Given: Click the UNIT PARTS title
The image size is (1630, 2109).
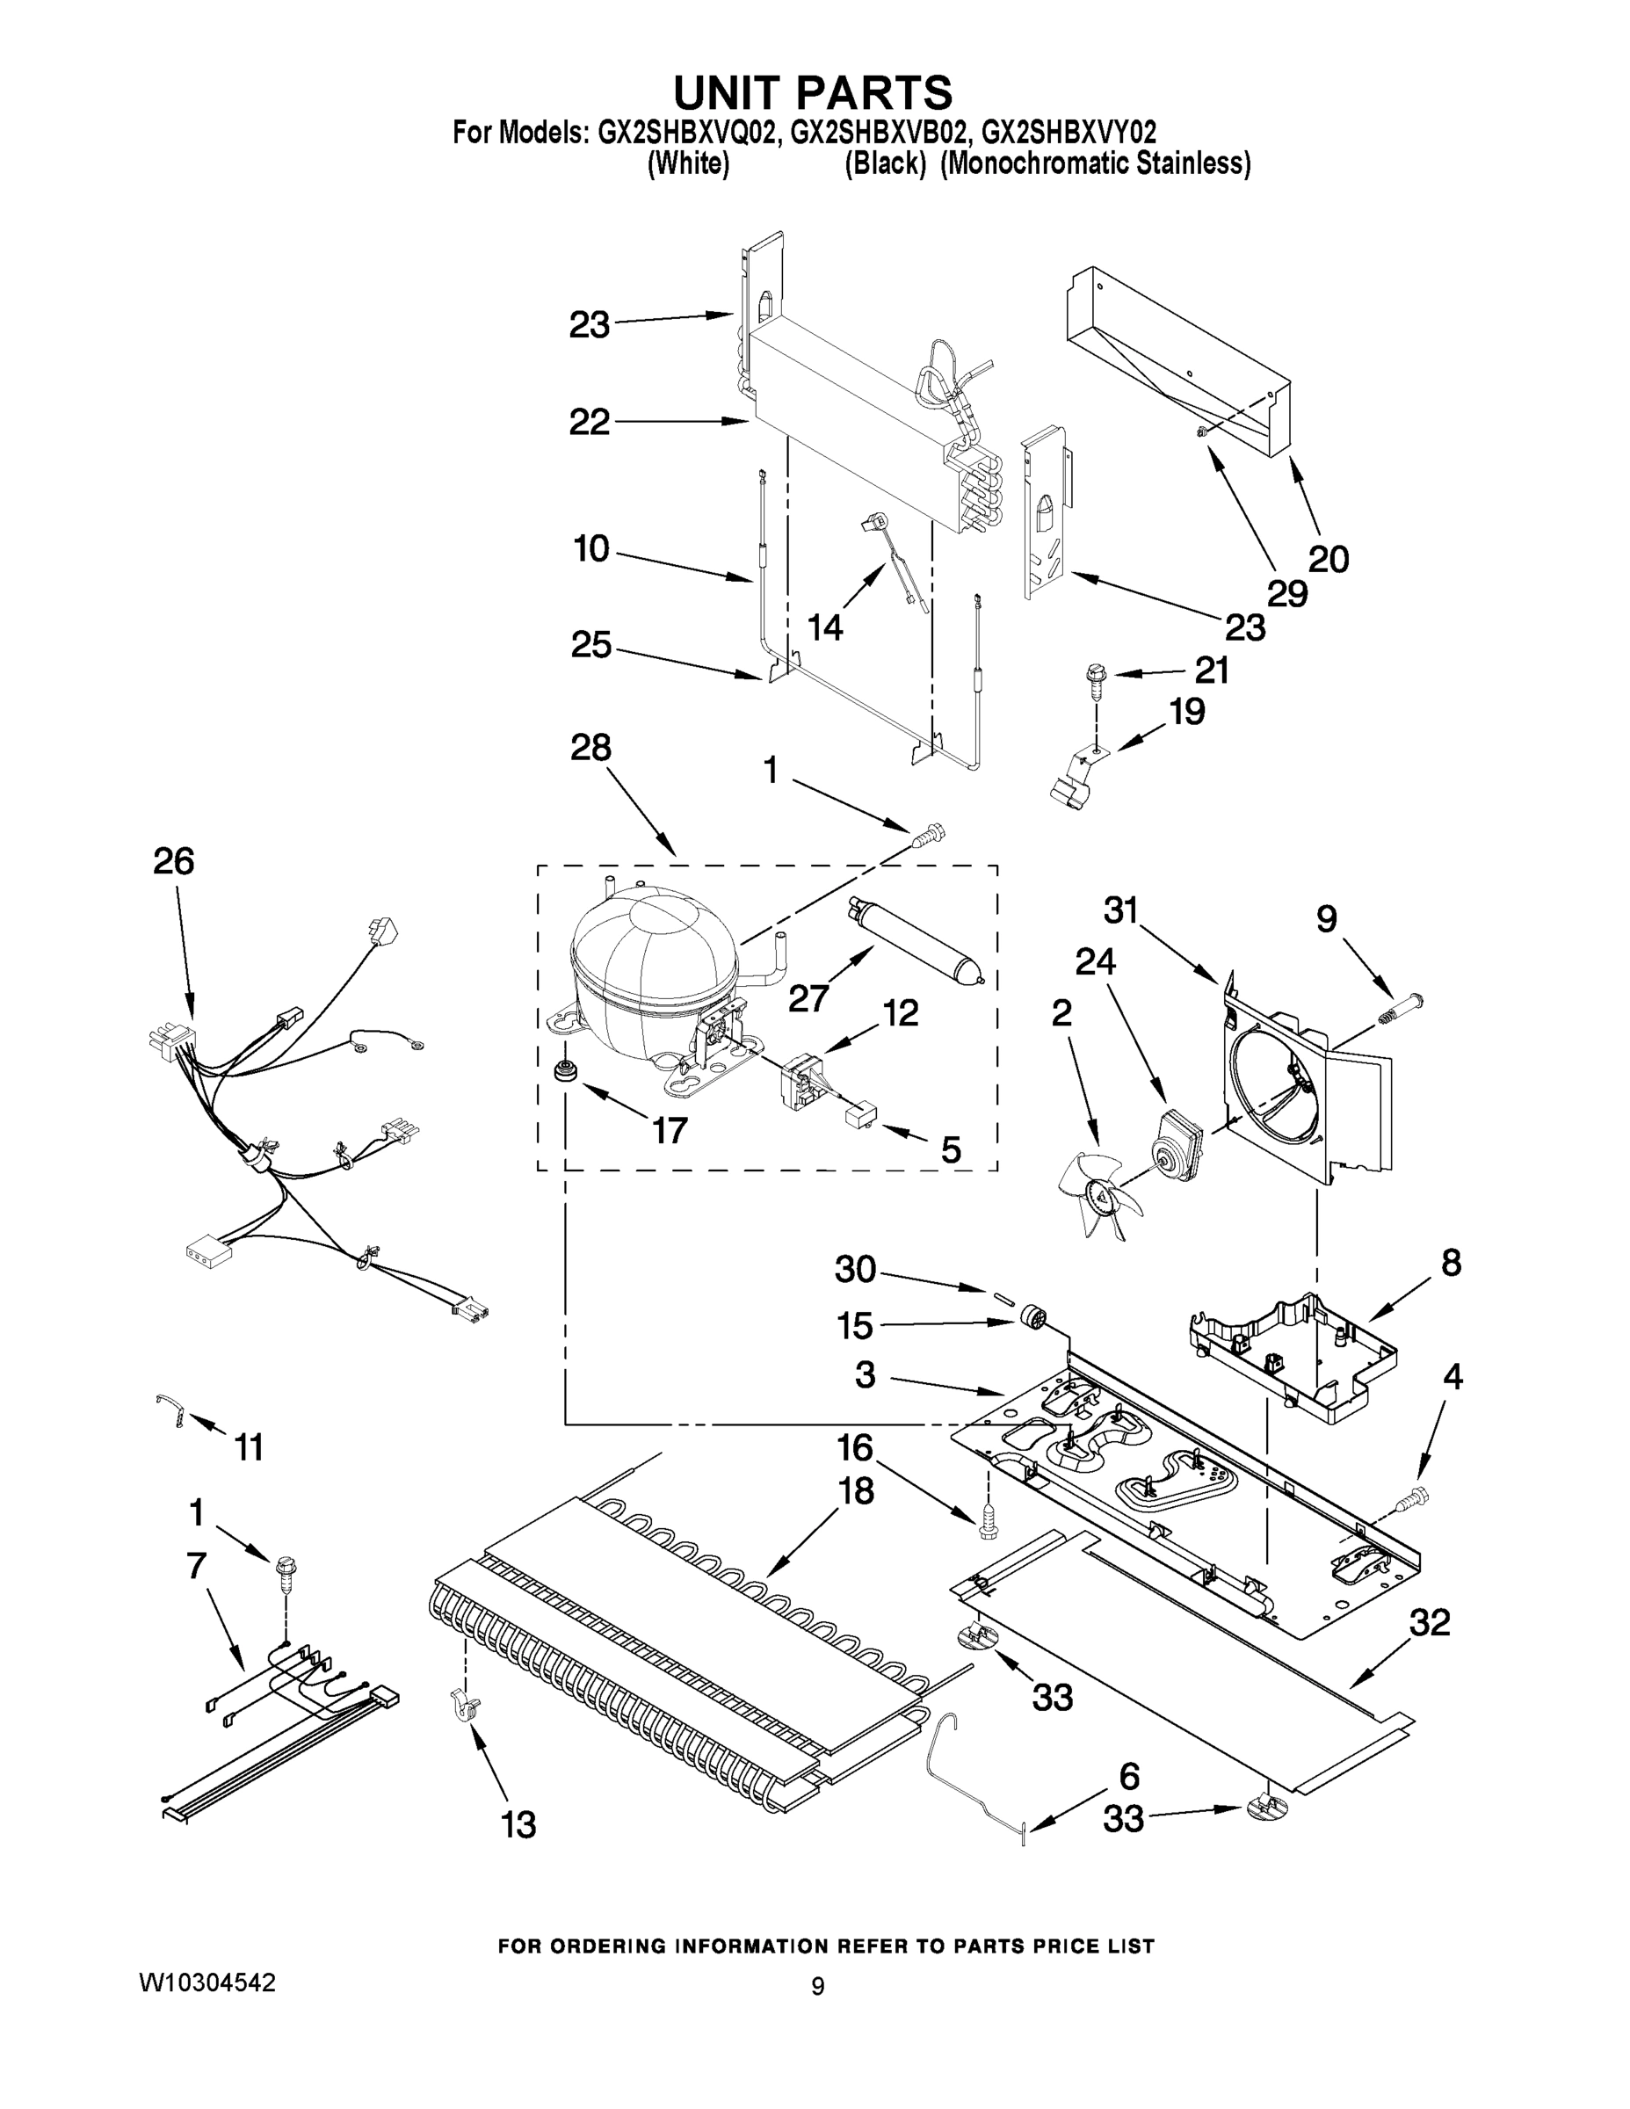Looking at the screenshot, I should (x=812, y=94).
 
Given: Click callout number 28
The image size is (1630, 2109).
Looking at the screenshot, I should (x=590, y=748).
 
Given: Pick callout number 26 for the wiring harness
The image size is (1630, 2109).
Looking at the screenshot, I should (x=173, y=860).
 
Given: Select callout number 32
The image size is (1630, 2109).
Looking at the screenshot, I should (x=1428, y=1622).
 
